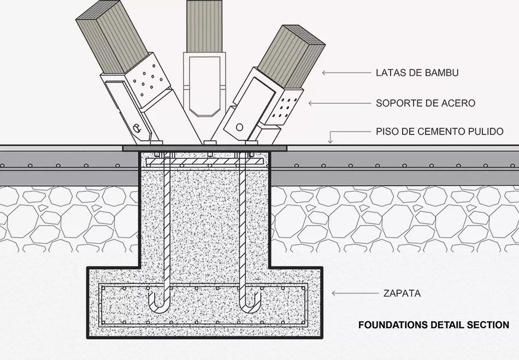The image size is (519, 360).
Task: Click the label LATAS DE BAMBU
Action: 416,73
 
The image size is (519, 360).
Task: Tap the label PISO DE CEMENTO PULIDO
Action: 439,132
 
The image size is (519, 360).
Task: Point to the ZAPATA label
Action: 402,293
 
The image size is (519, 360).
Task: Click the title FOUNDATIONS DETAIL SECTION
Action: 433,324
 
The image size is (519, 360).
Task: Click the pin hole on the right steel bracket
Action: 239,127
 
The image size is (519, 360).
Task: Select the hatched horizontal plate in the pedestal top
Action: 205,162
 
